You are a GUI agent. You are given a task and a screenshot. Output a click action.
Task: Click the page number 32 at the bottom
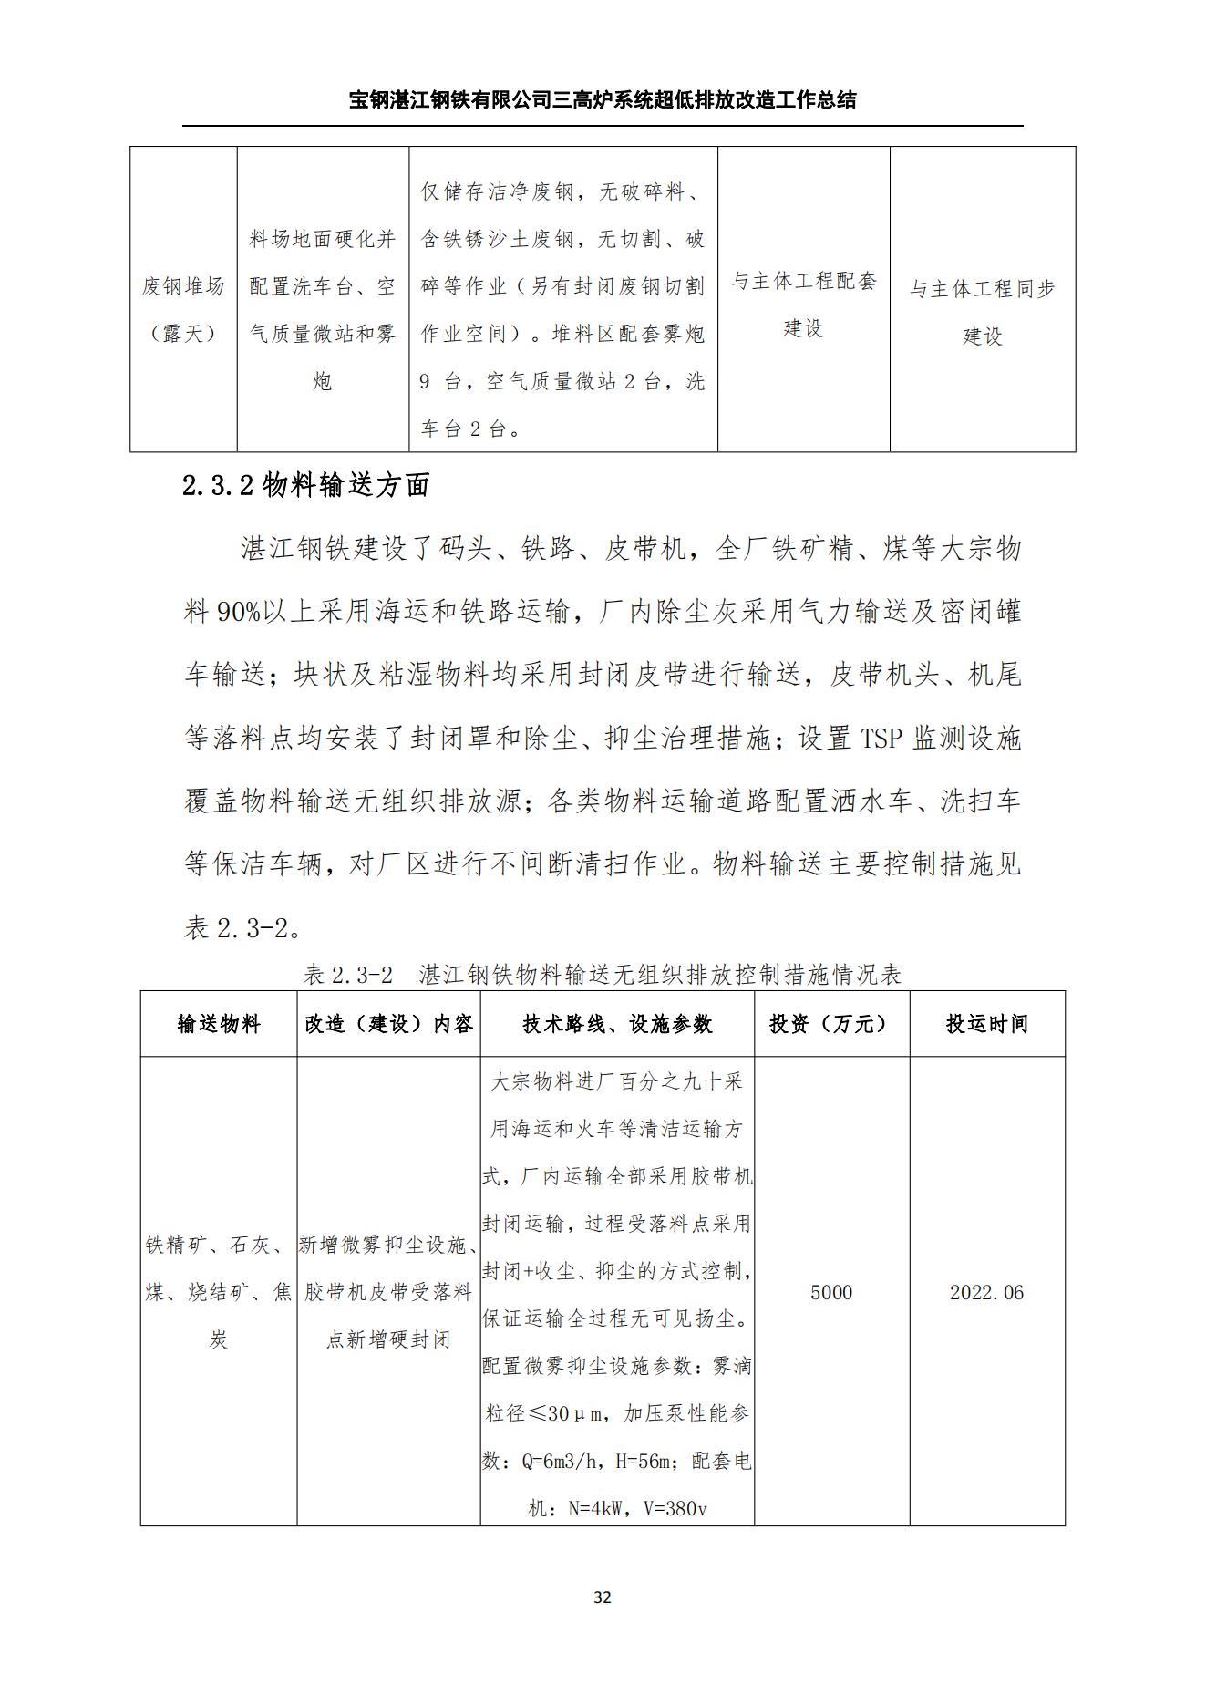click(x=602, y=1597)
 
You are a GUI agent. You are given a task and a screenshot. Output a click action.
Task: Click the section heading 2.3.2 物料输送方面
click(x=306, y=486)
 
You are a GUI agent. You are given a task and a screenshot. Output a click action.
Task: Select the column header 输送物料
click(x=219, y=1024)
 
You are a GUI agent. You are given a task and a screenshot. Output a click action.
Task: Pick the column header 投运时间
click(x=986, y=1024)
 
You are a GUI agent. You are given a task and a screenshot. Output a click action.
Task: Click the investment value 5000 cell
click(x=831, y=1292)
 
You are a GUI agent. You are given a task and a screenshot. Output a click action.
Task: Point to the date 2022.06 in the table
click(x=986, y=1292)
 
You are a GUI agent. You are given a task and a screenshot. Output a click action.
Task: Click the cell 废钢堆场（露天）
click(x=183, y=310)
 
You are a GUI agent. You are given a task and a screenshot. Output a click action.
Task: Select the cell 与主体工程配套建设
click(x=803, y=305)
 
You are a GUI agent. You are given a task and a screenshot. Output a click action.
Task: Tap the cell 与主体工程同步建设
click(x=982, y=312)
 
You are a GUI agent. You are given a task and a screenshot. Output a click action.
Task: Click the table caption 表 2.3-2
click(x=348, y=975)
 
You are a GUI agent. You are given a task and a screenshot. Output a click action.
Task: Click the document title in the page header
click(x=603, y=99)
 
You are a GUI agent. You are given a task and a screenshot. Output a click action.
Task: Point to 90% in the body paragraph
click(x=238, y=612)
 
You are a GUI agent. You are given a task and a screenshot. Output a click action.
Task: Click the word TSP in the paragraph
click(x=881, y=738)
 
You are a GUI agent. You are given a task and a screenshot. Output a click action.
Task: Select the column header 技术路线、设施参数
click(x=617, y=1024)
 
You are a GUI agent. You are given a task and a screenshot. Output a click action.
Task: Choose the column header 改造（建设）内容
click(x=388, y=1024)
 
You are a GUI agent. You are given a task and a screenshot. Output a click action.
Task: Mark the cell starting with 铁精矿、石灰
click(x=219, y=1292)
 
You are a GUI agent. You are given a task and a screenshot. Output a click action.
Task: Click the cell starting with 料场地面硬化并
click(x=323, y=310)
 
